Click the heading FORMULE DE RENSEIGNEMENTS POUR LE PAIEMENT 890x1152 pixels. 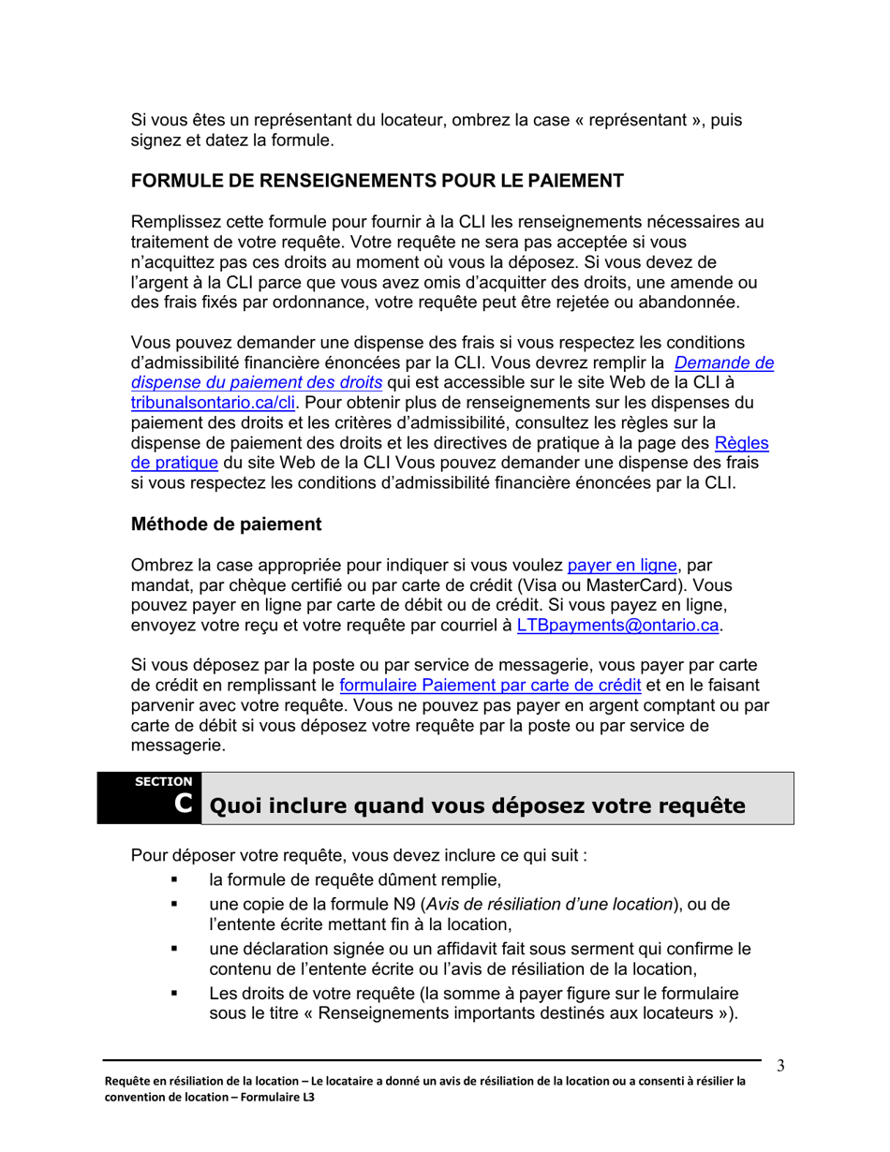click(x=377, y=181)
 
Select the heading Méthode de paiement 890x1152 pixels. click(x=226, y=524)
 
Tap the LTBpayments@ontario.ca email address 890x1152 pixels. click(x=619, y=626)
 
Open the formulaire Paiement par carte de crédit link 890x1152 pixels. click(x=489, y=686)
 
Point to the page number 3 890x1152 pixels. click(x=780, y=1067)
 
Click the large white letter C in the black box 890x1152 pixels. click(x=185, y=804)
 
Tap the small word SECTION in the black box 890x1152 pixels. click(x=164, y=781)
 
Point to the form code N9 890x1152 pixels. click(x=403, y=904)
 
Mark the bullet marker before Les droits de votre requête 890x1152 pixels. click(x=174, y=993)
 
